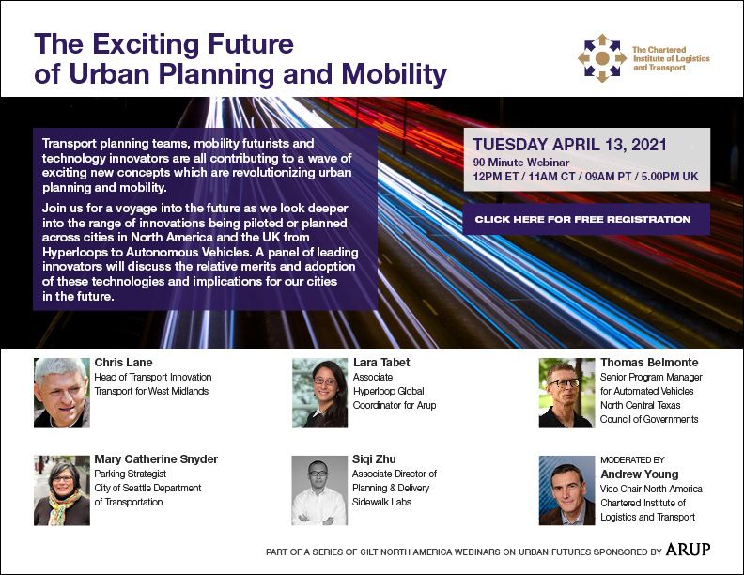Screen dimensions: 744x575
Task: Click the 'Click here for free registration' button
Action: tap(586, 219)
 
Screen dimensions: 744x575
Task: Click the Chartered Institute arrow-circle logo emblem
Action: tap(602, 58)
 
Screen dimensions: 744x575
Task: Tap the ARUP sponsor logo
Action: tap(688, 550)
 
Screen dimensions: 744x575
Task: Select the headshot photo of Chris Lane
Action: tap(62, 393)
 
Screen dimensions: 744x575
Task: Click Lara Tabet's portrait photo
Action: tap(319, 393)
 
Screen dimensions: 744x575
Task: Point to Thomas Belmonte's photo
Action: tap(566, 393)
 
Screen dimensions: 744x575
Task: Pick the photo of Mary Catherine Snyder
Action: tap(62, 490)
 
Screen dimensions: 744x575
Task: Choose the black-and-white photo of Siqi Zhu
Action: tap(319, 490)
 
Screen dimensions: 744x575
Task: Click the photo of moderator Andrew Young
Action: tap(566, 490)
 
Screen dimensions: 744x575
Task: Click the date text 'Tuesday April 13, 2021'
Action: tap(570, 145)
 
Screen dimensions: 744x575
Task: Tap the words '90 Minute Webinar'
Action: tap(521, 163)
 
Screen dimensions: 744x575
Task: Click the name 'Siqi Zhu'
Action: tap(374, 459)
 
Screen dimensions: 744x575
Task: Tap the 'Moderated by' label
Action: tap(632, 460)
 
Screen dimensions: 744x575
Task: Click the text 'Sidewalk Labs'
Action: tap(381, 502)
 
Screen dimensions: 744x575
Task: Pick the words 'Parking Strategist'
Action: tap(130, 474)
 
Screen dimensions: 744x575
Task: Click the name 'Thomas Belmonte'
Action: tap(649, 363)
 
